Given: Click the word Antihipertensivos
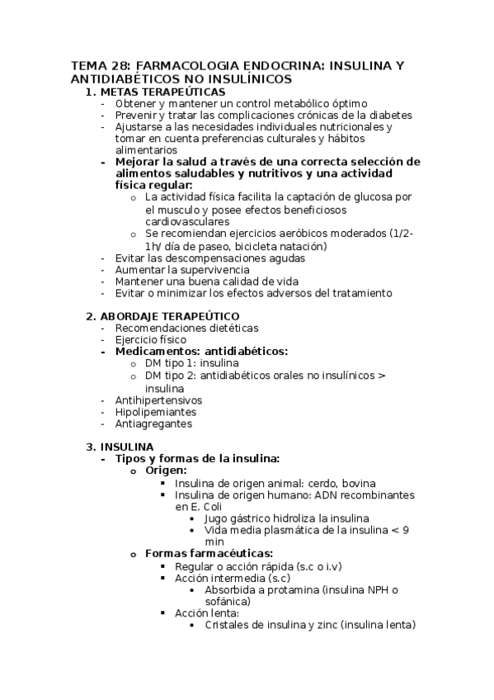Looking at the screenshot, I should (x=158, y=400).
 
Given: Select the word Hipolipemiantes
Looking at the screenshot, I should (x=156, y=412).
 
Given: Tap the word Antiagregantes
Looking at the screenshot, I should (x=153, y=424).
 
